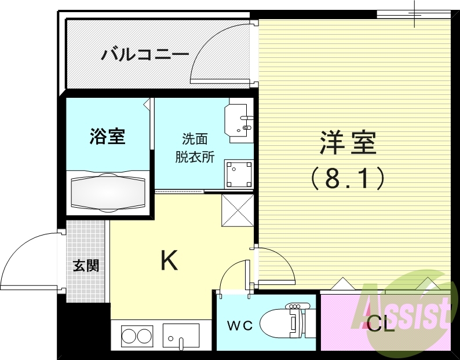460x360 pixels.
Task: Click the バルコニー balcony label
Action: click(145, 55)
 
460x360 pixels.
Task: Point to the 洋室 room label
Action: click(348, 142)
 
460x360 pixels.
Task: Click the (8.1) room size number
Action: click(348, 178)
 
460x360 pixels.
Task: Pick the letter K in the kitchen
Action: click(169, 262)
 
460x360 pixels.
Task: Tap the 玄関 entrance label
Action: click(86, 266)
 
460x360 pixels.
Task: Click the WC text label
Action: click(239, 326)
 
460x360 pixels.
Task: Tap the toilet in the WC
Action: click(284, 322)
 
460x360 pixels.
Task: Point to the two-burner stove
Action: click(136, 335)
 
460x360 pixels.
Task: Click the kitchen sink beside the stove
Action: click(181, 335)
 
